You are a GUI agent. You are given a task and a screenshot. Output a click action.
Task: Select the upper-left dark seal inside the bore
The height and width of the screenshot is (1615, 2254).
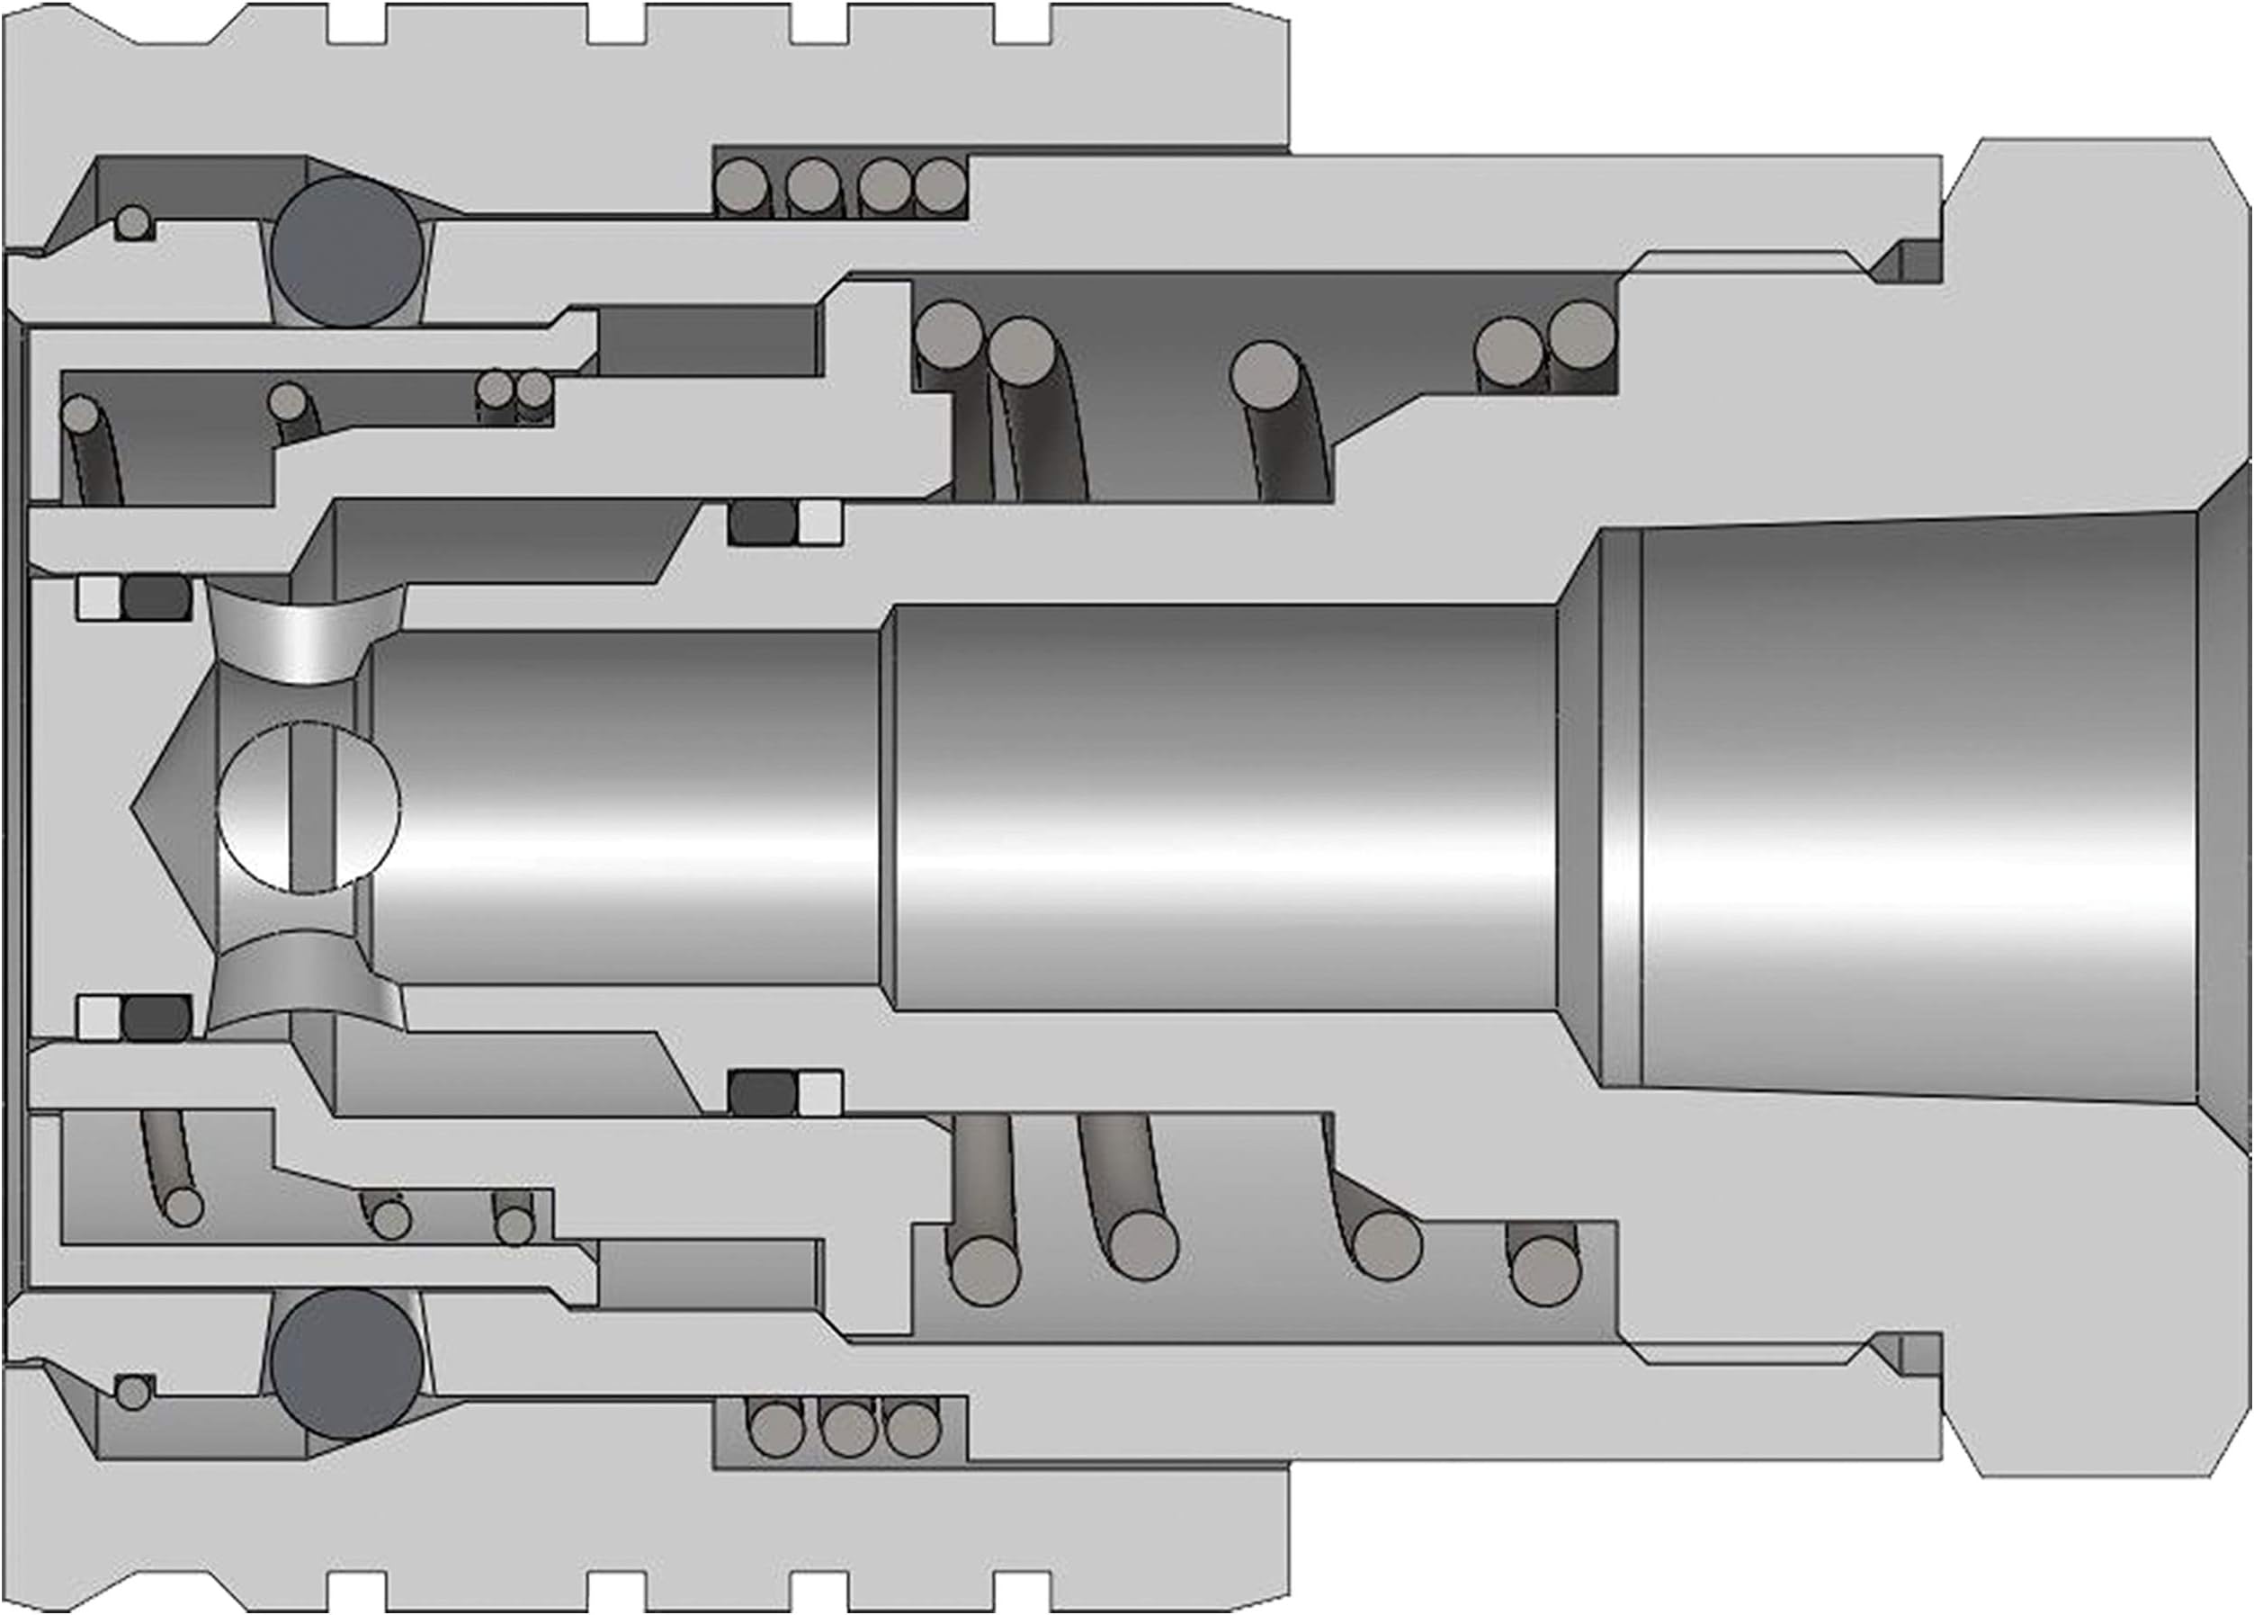pyautogui.click(x=157, y=597)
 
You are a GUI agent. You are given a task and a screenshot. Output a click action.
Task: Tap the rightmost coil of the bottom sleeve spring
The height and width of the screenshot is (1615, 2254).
pyautogui.click(x=912, y=1429)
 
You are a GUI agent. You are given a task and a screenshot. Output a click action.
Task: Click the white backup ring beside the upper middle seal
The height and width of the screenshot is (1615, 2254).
pyautogui.click(x=820, y=523)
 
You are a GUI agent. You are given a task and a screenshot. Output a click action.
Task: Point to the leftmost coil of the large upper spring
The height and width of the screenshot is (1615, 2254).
pyautogui.click(x=947, y=334)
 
